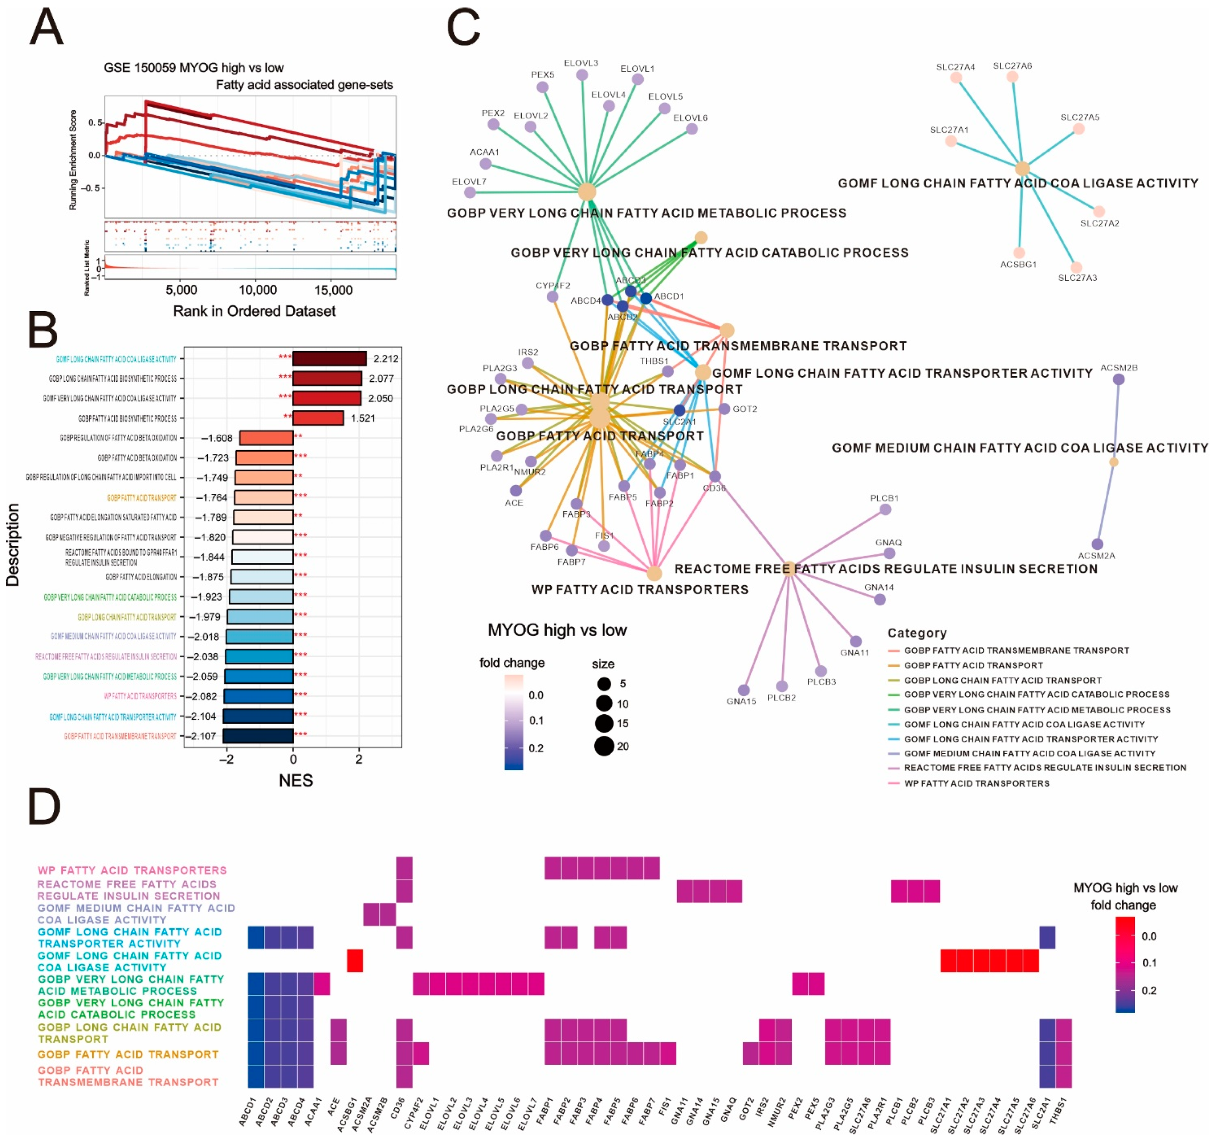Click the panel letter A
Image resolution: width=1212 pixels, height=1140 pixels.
point(46,27)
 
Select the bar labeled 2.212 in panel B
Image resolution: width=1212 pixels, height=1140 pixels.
point(329,359)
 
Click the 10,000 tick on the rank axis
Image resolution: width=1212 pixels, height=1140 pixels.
point(257,290)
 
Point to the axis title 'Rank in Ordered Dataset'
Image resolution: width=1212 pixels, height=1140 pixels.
point(254,311)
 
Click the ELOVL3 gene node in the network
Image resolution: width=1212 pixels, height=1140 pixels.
point(582,75)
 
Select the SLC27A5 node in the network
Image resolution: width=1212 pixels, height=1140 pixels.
point(1078,129)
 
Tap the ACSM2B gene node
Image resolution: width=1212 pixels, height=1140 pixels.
point(1118,379)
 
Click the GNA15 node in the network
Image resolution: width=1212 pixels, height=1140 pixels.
point(743,690)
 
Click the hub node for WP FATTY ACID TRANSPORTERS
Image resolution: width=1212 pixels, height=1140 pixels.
point(654,573)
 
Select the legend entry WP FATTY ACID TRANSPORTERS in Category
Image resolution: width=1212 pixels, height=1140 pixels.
point(976,783)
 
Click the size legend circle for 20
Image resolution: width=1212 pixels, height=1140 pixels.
point(604,746)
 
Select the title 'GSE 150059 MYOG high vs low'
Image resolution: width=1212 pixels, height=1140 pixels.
point(193,68)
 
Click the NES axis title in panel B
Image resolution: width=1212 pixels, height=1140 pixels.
point(296,781)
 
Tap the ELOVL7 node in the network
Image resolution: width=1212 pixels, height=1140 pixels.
point(470,193)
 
